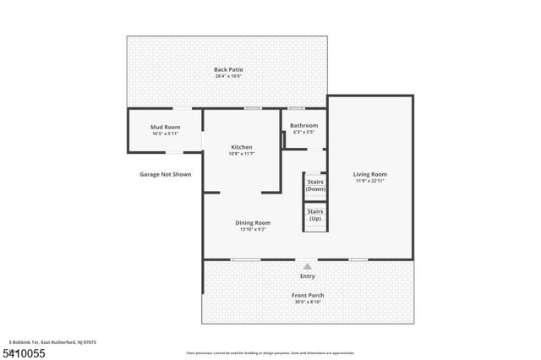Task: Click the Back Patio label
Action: click(228, 69)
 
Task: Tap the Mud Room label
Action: click(166, 127)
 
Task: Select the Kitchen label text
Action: click(242, 146)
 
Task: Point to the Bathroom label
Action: click(304, 126)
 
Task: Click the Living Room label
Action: click(370, 174)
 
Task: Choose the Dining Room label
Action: click(253, 222)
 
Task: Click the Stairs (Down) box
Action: click(315, 186)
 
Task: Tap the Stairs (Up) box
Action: click(315, 215)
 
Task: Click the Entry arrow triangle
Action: click(308, 266)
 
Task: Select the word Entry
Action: click(308, 276)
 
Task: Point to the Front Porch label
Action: click(308, 295)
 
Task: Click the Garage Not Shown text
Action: click(166, 174)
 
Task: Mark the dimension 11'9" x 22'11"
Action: click(370, 181)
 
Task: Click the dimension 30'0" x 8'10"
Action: click(308, 302)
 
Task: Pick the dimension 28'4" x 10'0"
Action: click(228, 76)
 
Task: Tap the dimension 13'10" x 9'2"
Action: click(253, 229)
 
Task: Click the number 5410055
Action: click(25, 350)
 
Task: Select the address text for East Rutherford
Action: click(52, 341)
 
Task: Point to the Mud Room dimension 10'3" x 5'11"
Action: click(166, 134)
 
